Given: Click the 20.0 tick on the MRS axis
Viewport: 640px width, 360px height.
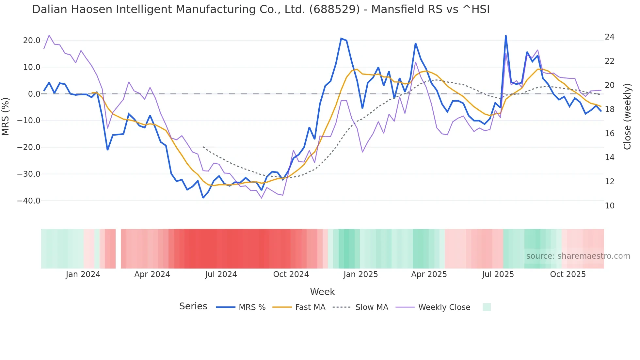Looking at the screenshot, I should pyautogui.click(x=32, y=41).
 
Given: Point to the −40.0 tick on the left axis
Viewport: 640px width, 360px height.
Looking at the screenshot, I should pyautogui.click(x=29, y=201).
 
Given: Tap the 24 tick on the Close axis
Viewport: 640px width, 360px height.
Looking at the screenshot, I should pyautogui.click(x=609, y=37).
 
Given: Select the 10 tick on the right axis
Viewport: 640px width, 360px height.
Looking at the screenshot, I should pyautogui.click(x=609, y=206).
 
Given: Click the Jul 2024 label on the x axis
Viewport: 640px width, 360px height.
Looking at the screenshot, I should pyautogui.click(x=221, y=274).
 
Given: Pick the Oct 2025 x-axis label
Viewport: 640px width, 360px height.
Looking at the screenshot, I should pyautogui.click(x=568, y=274).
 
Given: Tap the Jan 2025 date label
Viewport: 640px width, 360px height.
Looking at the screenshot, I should pyautogui.click(x=360, y=274).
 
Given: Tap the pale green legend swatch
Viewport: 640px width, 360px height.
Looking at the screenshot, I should pyautogui.click(x=487, y=307).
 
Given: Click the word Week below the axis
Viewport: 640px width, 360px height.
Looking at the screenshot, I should pyautogui.click(x=322, y=292).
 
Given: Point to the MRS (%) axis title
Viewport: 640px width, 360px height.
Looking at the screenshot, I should pyautogui.click(x=6, y=117).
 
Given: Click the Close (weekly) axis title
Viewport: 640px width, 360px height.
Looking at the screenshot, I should pyautogui.click(x=627, y=117).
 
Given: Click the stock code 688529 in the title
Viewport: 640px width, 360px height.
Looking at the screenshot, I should pyautogui.click(x=335, y=9).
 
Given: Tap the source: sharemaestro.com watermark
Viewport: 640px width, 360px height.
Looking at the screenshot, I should pyautogui.click(x=578, y=256).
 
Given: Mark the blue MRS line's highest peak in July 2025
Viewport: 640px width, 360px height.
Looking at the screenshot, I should pyautogui.click(x=505, y=36).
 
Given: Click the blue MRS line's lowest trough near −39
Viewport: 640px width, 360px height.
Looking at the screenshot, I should pyautogui.click(x=203, y=198).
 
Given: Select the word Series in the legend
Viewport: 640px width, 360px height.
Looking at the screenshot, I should pyautogui.click(x=193, y=306).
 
